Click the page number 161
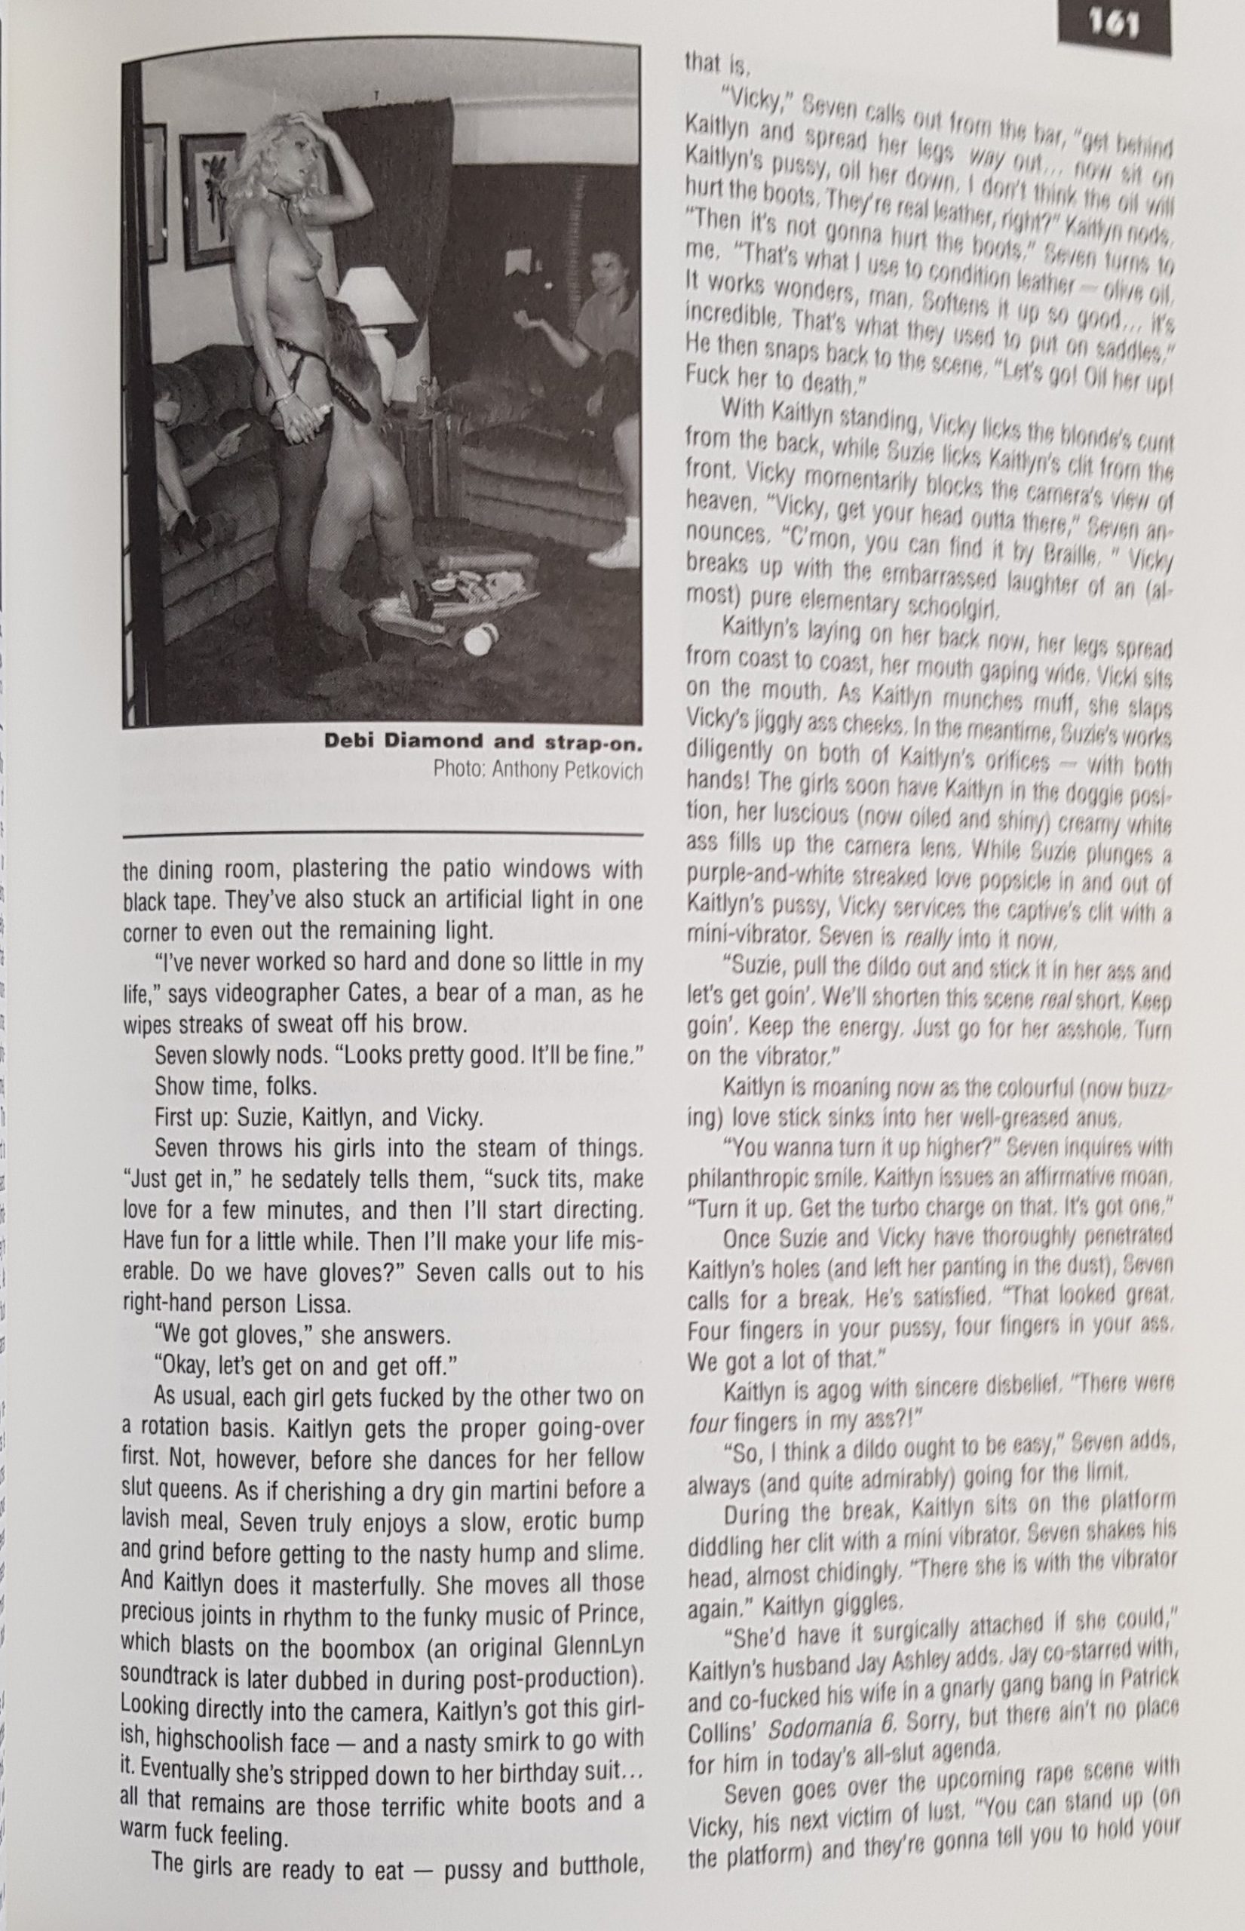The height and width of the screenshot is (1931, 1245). pyautogui.click(x=1114, y=29)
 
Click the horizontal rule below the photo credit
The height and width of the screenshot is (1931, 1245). pyautogui.click(x=382, y=833)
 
